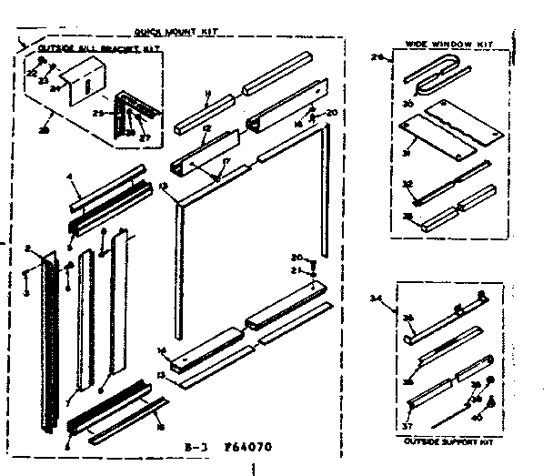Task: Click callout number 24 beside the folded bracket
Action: click(x=54, y=89)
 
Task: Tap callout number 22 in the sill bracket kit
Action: click(x=29, y=71)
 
